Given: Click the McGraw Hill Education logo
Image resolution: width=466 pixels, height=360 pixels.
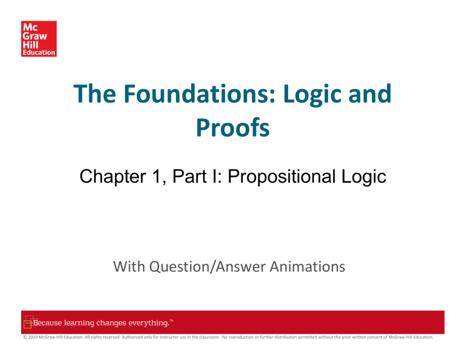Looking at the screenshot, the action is coord(39,39).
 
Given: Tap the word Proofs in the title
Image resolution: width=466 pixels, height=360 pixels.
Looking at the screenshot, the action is coord(233,128).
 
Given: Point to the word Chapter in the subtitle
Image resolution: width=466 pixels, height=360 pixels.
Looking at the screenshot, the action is coord(113,177).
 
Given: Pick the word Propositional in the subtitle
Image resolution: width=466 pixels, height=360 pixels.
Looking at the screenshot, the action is coord(282,177).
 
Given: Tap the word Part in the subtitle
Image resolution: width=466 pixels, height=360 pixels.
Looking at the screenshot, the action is coord(189,176).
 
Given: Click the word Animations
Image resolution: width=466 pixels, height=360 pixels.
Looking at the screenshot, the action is coord(307,267).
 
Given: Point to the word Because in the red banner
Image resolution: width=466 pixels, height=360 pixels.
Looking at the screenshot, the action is coord(47,323).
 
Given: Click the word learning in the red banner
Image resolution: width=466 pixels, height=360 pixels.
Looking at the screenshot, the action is coord(79,323).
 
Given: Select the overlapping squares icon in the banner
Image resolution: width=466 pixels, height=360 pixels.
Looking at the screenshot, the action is coord(29,322).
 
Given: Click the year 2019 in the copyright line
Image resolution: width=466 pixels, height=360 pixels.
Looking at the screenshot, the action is coord(33,337).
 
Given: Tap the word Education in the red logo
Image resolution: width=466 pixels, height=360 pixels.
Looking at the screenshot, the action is coord(39,53).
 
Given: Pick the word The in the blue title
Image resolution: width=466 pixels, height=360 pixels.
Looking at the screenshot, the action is coord(95,93).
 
